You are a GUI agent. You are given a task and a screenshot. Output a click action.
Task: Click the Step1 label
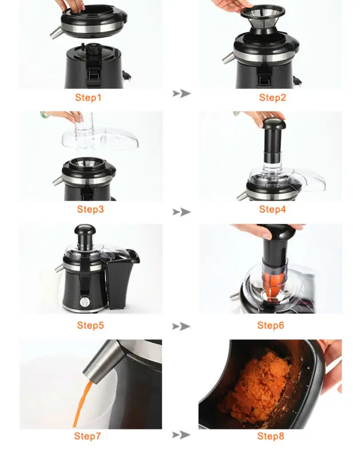tap(88, 97)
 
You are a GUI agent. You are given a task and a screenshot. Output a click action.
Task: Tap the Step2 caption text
tap(272, 97)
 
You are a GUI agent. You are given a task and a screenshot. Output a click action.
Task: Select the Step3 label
tap(90, 210)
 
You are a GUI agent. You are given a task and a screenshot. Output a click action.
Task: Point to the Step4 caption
tap(272, 210)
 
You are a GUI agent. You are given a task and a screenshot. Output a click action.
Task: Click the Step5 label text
tap(90, 326)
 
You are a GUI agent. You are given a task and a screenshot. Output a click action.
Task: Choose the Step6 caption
tap(271, 326)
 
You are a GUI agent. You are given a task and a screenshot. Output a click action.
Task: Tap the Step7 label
tap(88, 436)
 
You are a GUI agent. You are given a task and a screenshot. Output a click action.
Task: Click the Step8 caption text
tap(271, 436)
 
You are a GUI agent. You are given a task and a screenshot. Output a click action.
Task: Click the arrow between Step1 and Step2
tap(181, 93)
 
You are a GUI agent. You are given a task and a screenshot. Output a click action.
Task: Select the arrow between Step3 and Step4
tap(181, 212)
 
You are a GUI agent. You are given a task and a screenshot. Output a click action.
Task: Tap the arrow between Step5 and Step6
tap(181, 326)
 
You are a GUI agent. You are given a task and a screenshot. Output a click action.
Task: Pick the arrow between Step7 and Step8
tap(181, 435)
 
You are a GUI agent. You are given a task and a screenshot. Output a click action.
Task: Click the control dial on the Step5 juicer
tap(86, 302)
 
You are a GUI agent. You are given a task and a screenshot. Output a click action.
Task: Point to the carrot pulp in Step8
tap(258, 389)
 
